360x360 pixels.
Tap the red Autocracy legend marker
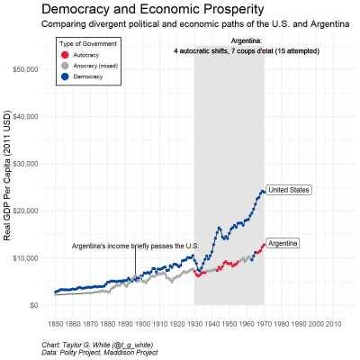(x=63, y=55)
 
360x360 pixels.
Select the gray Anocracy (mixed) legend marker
(x=63, y=66)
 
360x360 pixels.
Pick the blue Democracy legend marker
(x=63, y=76)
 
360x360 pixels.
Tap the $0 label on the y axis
(x=32, y=305)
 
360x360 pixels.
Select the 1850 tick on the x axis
(x=55, y=322)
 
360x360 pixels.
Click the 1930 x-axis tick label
(x=194, y=322)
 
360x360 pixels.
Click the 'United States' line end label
(x=289, y=190)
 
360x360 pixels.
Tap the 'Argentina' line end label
(x=283, y=243)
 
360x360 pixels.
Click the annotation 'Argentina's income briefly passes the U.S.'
(x=135, y=246)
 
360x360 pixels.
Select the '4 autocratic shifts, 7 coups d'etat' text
(x=229, y=51)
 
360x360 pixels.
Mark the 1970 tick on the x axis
(x=264, y=322)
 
